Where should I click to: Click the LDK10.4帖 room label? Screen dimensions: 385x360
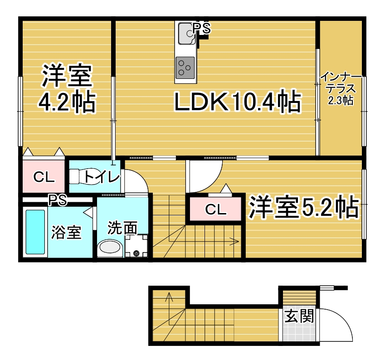[237, 101]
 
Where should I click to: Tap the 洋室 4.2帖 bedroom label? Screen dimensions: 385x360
[67, 88]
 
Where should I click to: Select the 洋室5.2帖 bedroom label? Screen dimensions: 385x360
[304, 207]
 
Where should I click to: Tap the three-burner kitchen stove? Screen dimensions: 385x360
[185, 68]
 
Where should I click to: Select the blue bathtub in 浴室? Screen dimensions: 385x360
[35, 232]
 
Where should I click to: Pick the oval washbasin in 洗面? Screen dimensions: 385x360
[110, 247]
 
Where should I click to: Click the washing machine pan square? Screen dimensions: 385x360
[136, 246]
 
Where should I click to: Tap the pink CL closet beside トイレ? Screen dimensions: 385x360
[44, 176]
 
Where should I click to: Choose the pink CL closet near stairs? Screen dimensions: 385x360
[215, 209]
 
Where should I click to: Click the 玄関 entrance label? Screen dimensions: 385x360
[299, 316]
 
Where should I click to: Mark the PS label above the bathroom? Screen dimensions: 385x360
[58, 200]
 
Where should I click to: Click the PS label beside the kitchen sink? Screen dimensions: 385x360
[201, 28]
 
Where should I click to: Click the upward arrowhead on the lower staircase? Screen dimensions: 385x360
[169, 297]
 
